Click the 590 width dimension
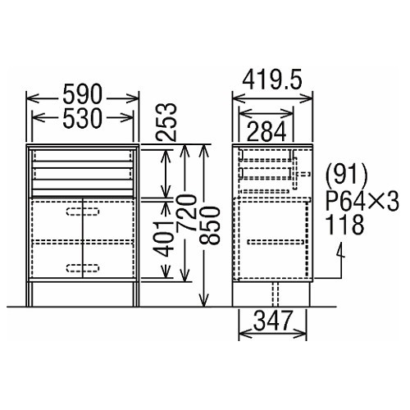[83, 94]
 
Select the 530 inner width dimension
[83, 118]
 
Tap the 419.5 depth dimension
[272, 80]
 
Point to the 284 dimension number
[266, 131]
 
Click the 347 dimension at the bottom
[272, 320]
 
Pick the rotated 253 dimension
[166, 122]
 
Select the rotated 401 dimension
[163, 239]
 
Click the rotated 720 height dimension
[187, 212]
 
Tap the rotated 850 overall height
[209, 225]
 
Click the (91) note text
[347, 175]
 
